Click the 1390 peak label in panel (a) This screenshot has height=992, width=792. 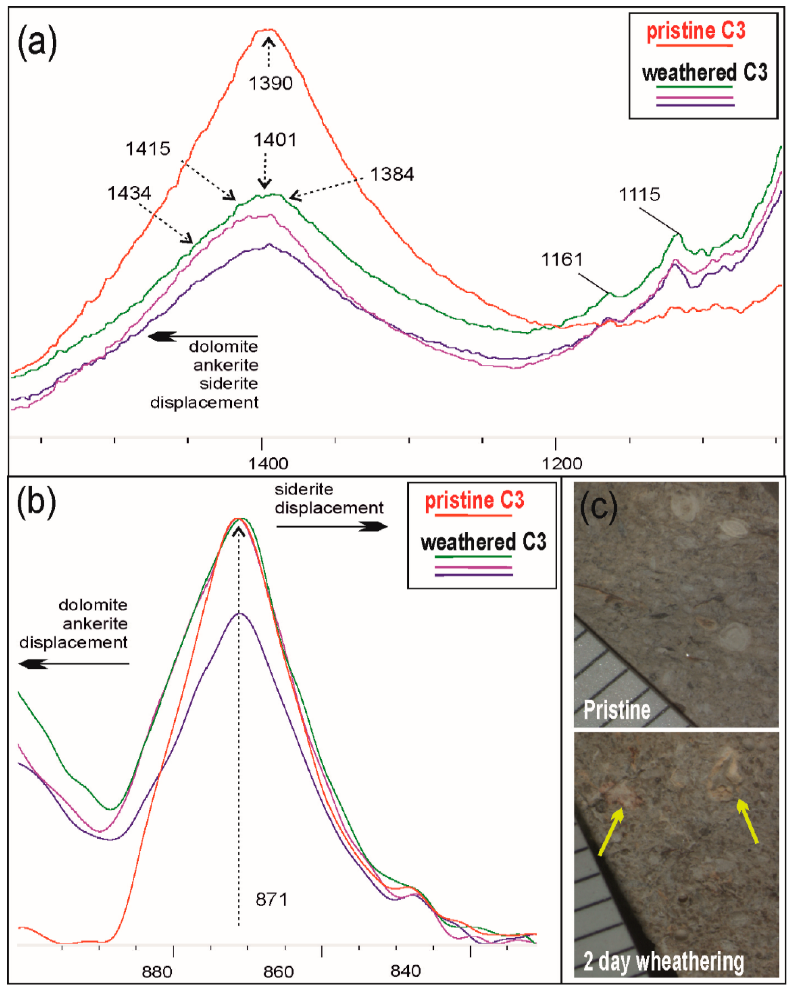pyautogui.click(x=271, y=83)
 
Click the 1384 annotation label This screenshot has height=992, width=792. pyautogui.click(x=392, y=174)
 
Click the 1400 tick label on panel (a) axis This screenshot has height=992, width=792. pyautogui.click(x=268, y=463)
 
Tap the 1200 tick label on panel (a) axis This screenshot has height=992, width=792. pyautogui.click(x=562, y=463)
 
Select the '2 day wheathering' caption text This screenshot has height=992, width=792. pyautogui.click(x=663, y=961)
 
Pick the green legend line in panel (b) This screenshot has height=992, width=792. pyautogui.click(x=473, y=557)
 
